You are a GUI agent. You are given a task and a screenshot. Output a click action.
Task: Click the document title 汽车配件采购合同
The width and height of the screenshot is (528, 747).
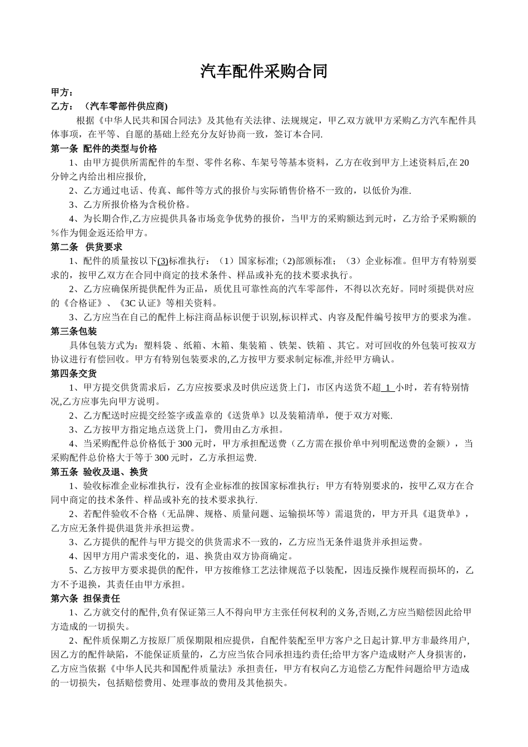pos(263,71)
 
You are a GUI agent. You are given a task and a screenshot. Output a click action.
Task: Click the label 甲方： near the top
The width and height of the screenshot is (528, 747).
pos(62,92)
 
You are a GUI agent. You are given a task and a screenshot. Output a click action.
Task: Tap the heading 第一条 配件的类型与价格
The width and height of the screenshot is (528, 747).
pos(104,148)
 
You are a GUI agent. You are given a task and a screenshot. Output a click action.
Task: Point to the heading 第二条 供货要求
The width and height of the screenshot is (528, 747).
pos(86,247)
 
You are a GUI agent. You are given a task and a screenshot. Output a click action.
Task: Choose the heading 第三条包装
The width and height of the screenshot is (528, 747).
pos(73,331)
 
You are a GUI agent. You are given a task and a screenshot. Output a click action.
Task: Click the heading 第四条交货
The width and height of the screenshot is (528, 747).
pos(73,373)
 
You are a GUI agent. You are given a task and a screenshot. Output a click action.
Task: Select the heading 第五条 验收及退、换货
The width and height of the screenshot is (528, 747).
pos(99,472)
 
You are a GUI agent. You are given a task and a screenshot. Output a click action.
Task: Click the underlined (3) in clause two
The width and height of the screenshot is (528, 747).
pos(163,261)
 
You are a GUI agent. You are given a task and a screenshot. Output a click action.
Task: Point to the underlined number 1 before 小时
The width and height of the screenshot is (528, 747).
pos(388,387)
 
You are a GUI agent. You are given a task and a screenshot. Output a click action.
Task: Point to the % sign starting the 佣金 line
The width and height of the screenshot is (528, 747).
pos(54,233)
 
